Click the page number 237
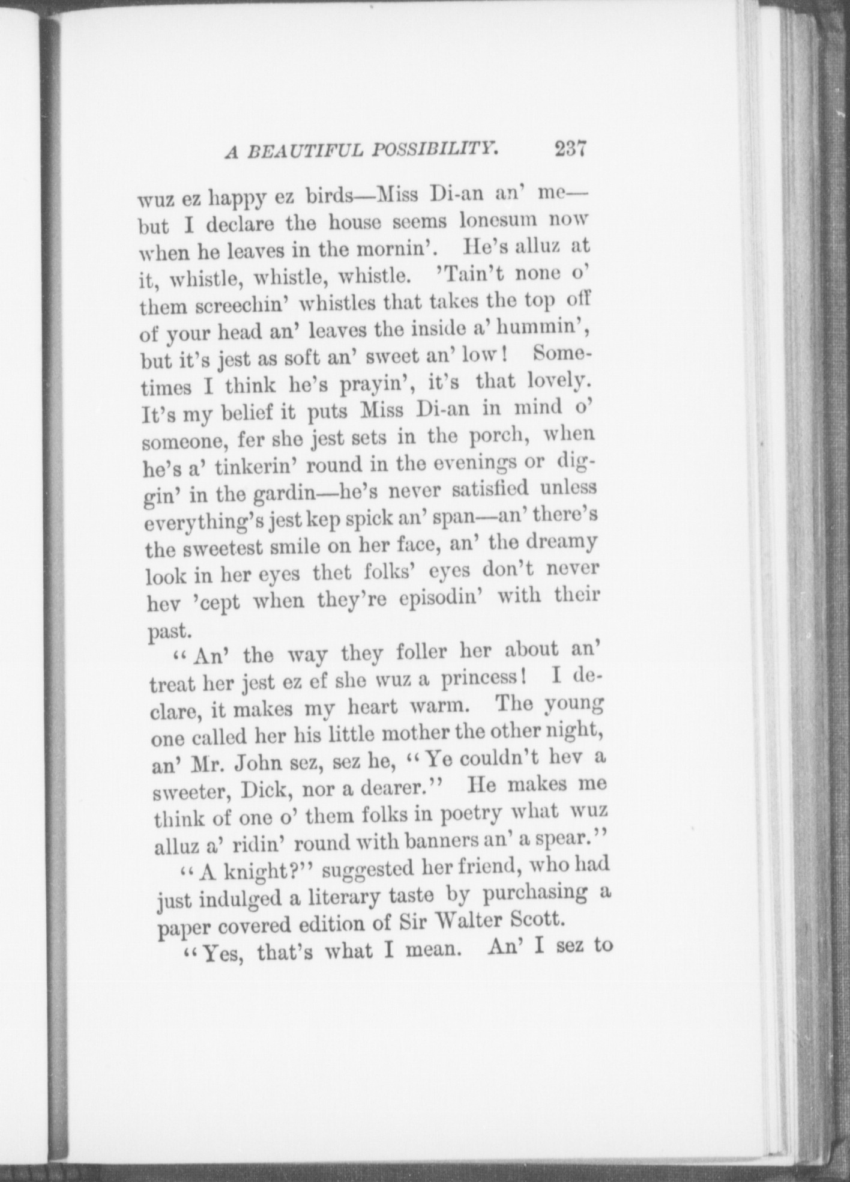point(570,148)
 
